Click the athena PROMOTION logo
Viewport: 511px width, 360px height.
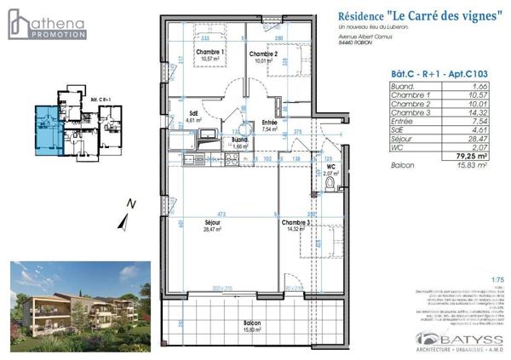(x=47, y=24)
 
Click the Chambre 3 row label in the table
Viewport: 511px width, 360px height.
(x=406, y=112)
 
